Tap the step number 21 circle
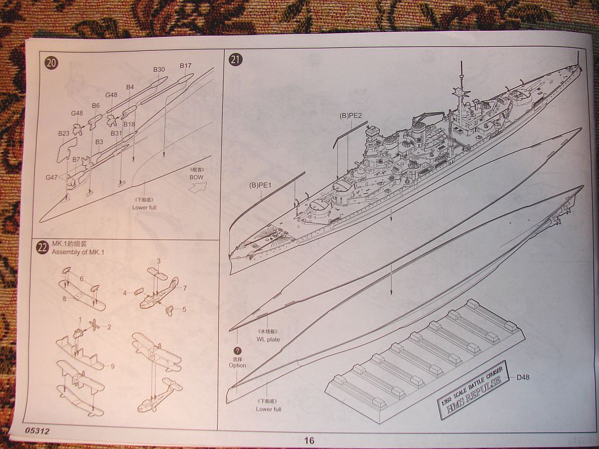[x=236, y=60]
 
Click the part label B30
[x=159, y=70]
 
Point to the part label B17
[x=185, y=65]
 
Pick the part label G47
[x=52, y=177]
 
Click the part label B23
[x=64, y=133]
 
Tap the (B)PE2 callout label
[x=352, y=115]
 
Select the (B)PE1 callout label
[x=261, y=185]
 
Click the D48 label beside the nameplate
[x=524, y=378]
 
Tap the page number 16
[x=309, y=440]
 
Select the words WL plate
[x=268, y=339]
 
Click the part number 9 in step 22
[x=112, y=367]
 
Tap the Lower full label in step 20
[x=144, y=207]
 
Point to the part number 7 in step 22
[x=184, y=288]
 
